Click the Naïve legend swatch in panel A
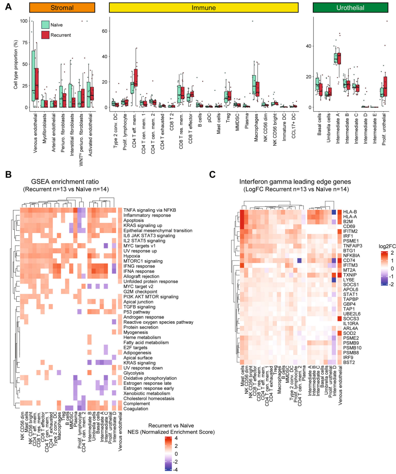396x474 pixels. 46,25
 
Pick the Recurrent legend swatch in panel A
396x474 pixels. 46,35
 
